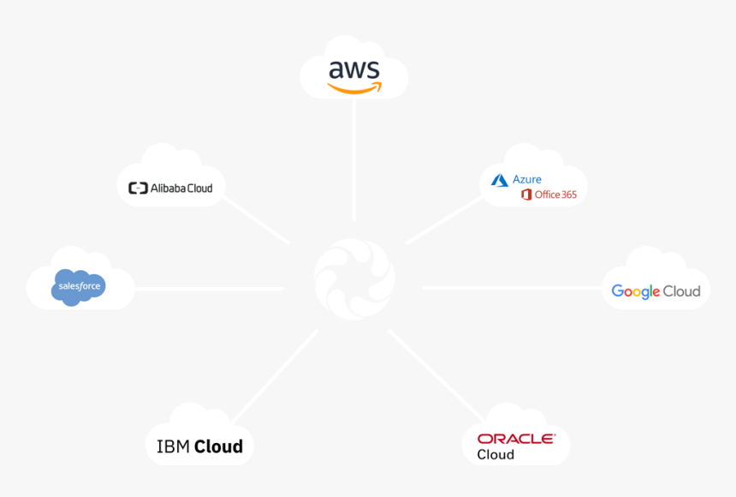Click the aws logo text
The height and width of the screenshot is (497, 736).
coord(354,69)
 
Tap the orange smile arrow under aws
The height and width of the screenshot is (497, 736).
coord(354,88)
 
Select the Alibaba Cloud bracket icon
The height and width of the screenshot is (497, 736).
coord(138,188)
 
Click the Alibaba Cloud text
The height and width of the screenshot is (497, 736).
coord(181,188)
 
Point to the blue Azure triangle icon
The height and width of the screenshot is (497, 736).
coord(500,181)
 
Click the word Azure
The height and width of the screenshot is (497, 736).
coord(526,180)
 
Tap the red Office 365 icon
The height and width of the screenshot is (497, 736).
coord(526,195)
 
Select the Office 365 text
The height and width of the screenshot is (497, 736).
coord(555,195)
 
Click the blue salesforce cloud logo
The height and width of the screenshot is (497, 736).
coord(79,287)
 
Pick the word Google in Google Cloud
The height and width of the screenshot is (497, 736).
coord(636,291)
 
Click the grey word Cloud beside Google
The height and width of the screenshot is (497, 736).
coord(681,291)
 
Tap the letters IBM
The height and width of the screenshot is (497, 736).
coord(173,446)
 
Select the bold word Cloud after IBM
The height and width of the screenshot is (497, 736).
coord(219,446)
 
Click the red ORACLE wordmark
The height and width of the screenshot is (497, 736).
coord(516,439)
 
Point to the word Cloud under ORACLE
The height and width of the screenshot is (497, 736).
coord(496,455)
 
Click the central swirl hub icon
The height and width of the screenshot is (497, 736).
coord(354,279)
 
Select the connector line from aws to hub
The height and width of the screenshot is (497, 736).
coord(354,159)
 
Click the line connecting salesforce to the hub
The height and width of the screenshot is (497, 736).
coord(210,289)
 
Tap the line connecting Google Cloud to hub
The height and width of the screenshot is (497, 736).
coord(512,288)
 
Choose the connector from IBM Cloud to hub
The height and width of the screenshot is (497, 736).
coord(275,377)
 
